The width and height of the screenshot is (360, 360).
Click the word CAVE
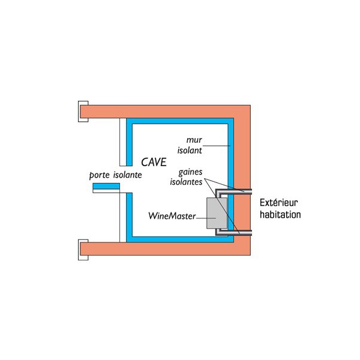coord(154,162)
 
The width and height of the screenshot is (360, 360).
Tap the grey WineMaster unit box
coord(217,214)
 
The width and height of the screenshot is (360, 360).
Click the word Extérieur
coord(280,203)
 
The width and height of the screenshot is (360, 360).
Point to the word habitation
coord(280,214)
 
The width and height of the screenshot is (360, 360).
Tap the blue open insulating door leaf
coord(106,188)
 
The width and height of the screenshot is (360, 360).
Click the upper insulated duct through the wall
coord(237,191)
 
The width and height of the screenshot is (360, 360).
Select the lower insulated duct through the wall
coord(237,232)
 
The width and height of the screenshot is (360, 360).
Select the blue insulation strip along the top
coord(180,122)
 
